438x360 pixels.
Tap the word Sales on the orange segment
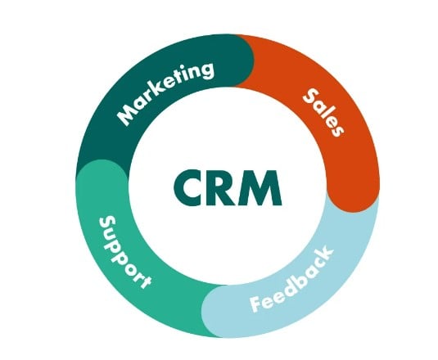(323, 112)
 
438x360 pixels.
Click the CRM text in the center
(228, 188)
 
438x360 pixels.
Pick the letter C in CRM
(187, 188)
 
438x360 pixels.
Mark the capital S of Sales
(311, 97)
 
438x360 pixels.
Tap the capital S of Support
(107, 223)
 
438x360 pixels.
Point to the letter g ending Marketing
(206, 70)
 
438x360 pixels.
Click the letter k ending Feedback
(324, 254)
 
